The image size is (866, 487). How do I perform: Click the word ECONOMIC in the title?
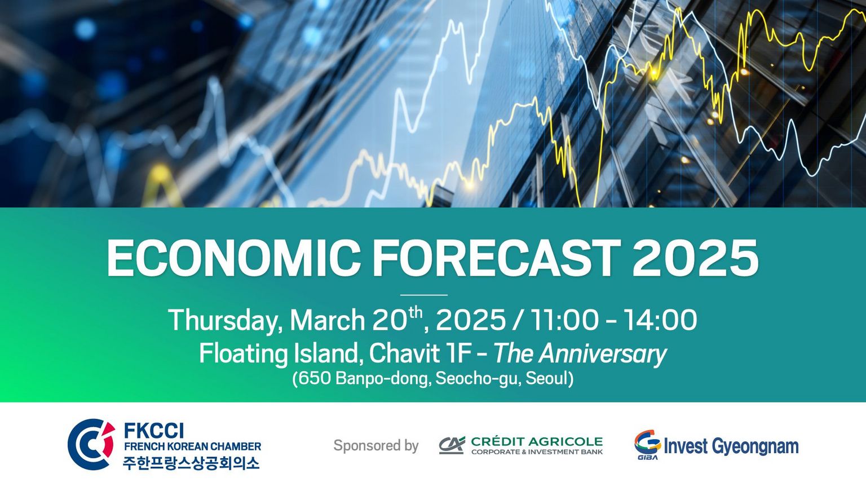click(233, 258)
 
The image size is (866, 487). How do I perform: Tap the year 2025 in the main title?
click(695, 258)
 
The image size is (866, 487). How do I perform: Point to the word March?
click(328, 320)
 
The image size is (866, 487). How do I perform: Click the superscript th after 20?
click(416, 312)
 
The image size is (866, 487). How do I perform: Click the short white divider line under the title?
click(424, 295)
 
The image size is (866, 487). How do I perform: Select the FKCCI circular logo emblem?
click(92, 444)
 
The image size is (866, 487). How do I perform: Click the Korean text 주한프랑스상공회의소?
click(191, 463)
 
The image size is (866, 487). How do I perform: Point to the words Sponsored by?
click(376, 446)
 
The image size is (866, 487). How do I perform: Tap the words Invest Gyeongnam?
click(731, 446)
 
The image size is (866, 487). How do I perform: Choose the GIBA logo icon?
click(648, 445)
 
